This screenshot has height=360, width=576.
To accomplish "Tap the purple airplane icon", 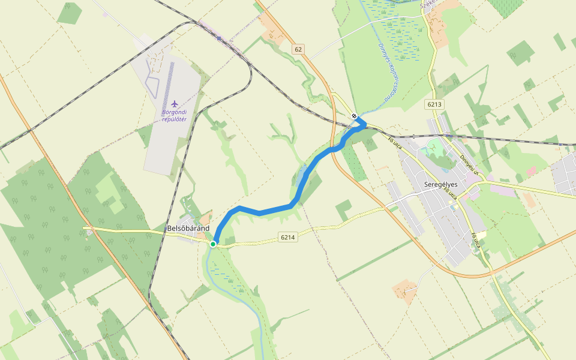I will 175,104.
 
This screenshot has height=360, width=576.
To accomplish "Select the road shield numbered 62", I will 298,49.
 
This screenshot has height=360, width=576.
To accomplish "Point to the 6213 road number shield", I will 435,104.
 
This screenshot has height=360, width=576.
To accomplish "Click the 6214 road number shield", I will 288,238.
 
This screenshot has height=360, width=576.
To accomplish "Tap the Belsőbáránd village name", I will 188,229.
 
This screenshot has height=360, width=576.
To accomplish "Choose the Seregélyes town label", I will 441,184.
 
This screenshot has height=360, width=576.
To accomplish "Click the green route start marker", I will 213,244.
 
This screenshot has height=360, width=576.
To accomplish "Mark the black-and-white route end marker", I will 355,116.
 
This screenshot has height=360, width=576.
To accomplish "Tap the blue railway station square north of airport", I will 220,38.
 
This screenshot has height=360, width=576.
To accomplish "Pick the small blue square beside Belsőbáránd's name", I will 166,229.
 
